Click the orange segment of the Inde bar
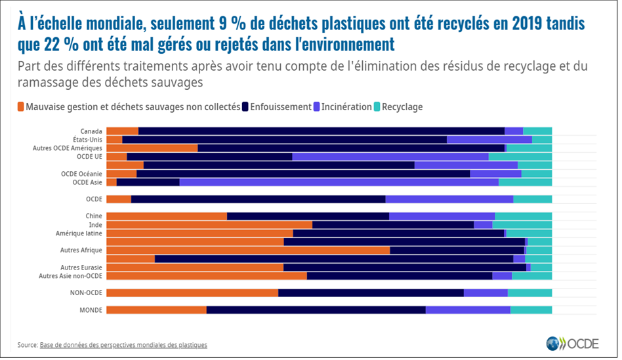(x=209, y=224)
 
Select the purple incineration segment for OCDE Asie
(x=339, y=182)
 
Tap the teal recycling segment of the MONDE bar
(x=531, y=310)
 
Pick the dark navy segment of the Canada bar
(x=321, y=130)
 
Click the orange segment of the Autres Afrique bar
(x=248, y=250)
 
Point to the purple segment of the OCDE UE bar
(x=390, y=156)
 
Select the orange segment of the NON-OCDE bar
(x=192, y=292)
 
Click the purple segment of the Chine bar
(x=442, y=216)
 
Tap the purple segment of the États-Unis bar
(x=489, y=139)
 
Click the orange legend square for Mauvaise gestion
(x=21, y=106)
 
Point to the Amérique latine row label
(x=79, y=233)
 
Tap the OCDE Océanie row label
(x=81, y=173)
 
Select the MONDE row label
(x=91, y=310)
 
